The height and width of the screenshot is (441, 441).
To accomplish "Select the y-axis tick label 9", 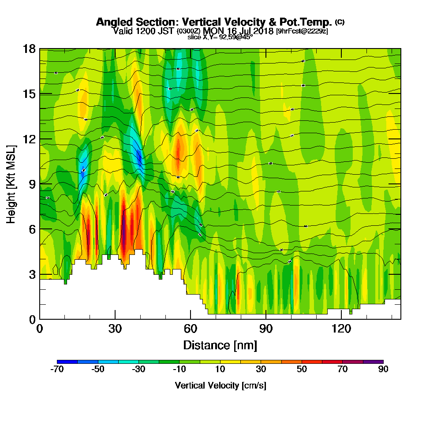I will coord(32,184).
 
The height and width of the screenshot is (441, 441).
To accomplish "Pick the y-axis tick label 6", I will coord(32,229).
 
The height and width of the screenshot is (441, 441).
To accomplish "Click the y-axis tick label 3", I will coord(32,274).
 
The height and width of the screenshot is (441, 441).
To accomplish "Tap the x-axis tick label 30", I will coord(115,329).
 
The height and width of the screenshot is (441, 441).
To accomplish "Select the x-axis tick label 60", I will coord(191,329).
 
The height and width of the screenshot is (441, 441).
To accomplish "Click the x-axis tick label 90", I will coord(266,329).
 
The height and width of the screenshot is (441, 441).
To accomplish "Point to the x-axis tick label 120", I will coord(342,329).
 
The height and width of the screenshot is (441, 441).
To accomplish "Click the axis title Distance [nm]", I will coord(220,345).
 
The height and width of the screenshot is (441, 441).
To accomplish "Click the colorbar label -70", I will coord(57,370).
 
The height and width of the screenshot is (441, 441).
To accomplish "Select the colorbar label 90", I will coord(383,370).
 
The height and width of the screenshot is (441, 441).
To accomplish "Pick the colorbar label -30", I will coord(139,370).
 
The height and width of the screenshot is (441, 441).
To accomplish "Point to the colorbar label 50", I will coord(302,370).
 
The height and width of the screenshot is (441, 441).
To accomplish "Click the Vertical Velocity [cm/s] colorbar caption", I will coord(220,385).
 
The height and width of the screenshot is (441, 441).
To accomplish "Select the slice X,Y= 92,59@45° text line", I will coord(220,37).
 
